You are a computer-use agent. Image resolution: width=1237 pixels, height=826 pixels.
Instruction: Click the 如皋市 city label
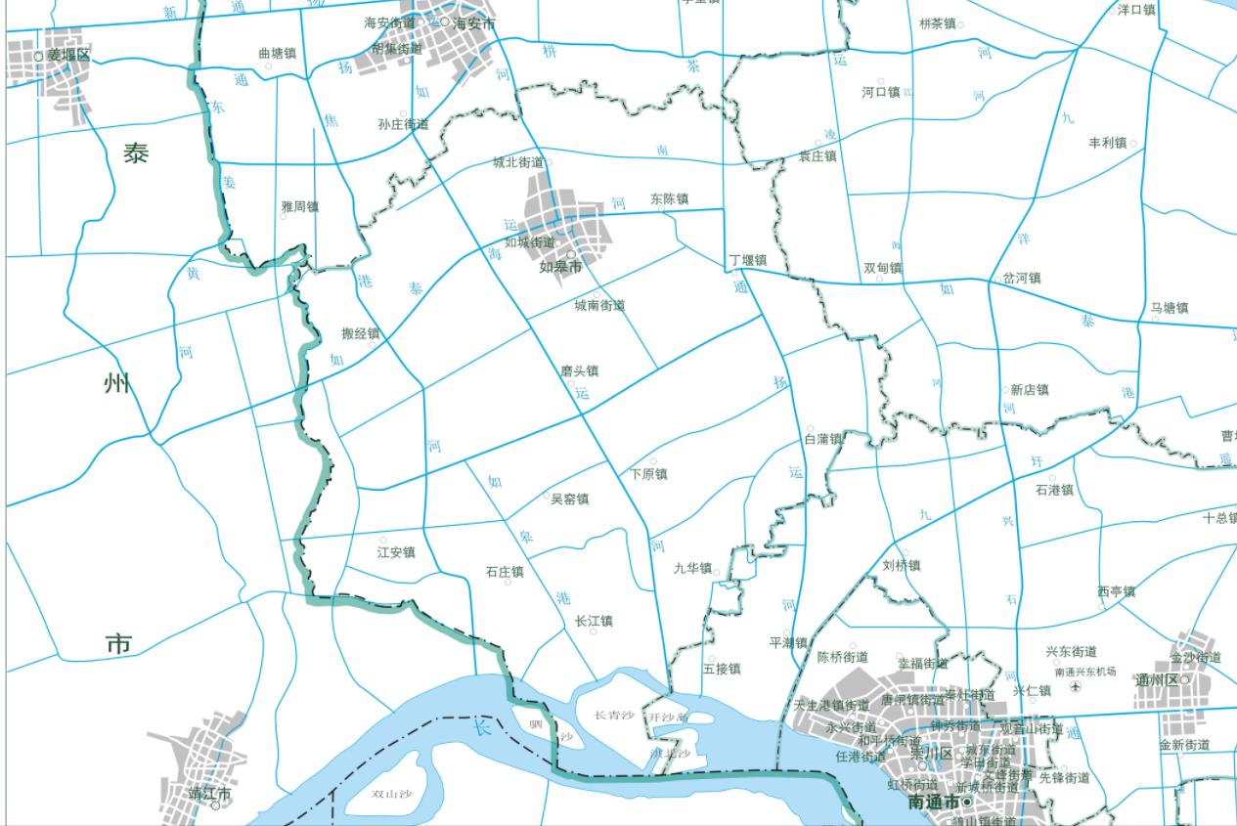click(x=560, y=266)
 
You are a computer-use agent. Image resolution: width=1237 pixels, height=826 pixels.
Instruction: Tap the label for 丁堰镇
click(x=747, y=261)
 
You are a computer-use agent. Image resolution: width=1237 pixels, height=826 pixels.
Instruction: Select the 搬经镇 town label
click(x=359, y=333)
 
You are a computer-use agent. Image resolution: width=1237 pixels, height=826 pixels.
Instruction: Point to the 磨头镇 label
click(x=579, y=371)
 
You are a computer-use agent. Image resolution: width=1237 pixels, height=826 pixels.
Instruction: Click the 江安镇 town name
click(x=396, y=552)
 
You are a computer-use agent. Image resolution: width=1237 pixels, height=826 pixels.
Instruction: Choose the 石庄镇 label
click(x=505, y=572)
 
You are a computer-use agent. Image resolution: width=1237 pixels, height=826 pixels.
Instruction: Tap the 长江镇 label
click(x=594, y=621)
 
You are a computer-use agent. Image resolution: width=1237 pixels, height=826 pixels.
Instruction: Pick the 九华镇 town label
click(x=692, y=568)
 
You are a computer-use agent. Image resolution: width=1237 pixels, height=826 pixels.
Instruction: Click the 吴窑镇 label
click(x=569, y=500)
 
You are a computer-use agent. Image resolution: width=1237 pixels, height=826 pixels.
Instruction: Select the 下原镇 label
click(x=648, y=474)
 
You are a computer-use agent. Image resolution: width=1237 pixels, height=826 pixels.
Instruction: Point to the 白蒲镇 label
click(x=822, y=439)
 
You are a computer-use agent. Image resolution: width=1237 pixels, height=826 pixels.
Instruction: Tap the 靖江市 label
click(x=209, y=794)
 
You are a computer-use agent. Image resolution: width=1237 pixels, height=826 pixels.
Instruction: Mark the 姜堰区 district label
click(x=68, y=56)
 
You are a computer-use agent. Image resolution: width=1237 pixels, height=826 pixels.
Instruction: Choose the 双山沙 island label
click(x=390, y=794)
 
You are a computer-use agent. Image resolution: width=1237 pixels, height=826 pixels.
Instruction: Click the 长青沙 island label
click(x=614, y=716)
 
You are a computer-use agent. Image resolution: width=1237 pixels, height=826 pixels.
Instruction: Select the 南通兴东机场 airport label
click(x=1084, y=673)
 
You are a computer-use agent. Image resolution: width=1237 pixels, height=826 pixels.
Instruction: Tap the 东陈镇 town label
click(x=669, y=199)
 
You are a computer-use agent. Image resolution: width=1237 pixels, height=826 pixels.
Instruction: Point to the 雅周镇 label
click(x=299, y=207)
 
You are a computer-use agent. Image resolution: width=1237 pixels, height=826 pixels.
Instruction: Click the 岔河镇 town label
click(x=1021, y=279)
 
